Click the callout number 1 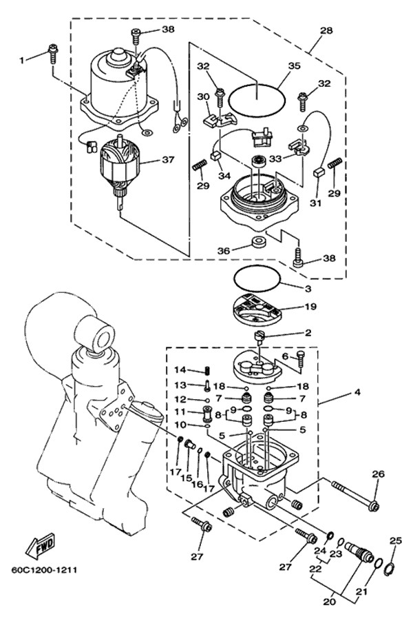[x=21, y=60]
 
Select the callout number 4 [x=356, y=393]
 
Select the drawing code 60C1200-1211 [x=43, y=571]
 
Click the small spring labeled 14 [x=205, y=371]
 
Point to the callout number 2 [x=308, y=333]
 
